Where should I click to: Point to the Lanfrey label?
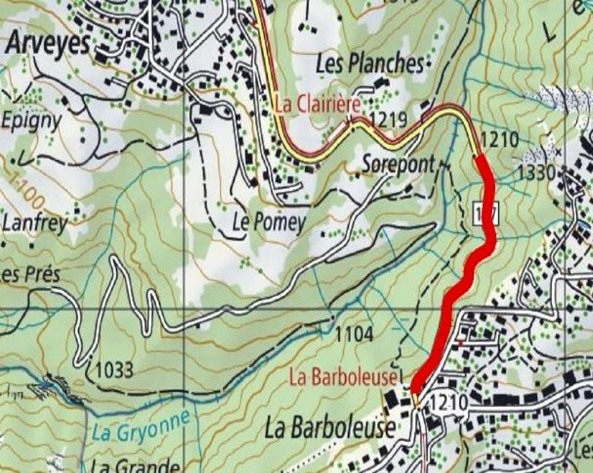(x=35, y=223)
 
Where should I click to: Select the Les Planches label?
(x=369, y=64)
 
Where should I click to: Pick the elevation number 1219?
(x=390, y=119)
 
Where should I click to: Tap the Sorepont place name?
(x=398, y=163)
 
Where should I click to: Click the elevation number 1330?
(x=537, y=173)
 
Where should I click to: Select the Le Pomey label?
(x=268, y=222)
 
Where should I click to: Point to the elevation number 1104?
(x=354, y=334)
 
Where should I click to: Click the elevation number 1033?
(x=115, y=370)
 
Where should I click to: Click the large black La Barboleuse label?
(x=330, y=429)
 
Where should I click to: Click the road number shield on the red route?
(x=485, y=214)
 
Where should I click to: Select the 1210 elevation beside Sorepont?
(x=499, y=139)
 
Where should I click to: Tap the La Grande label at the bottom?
(x=136, y=465)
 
